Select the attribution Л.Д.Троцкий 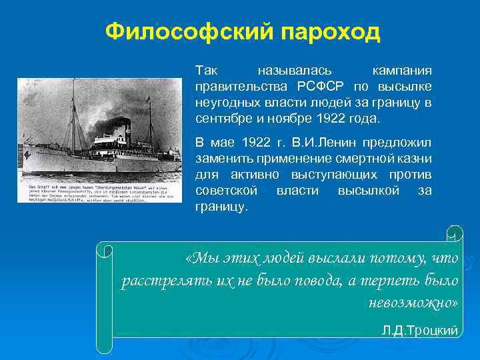click(419, 331)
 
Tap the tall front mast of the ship click(74, 113)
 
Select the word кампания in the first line click(401, 71)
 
